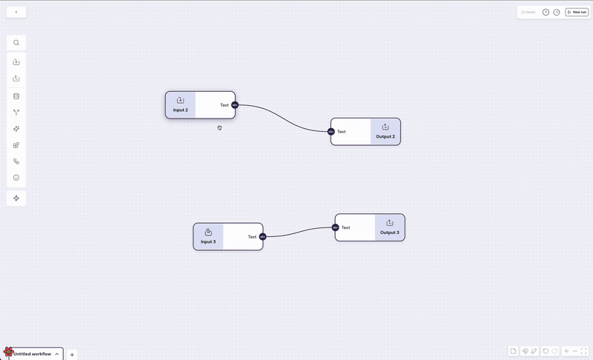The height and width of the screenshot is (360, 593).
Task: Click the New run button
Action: pyautogui.click(x=577, y=12)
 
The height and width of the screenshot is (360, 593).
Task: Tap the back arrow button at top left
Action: pyautogui.click(x=16, y=12)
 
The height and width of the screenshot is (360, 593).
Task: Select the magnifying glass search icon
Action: pyautogui.click(x=16, y=42)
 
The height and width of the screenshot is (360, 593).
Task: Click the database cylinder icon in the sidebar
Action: pyautogui.click(x=16, y=96)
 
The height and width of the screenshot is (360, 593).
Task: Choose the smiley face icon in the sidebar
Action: pyautogui.click(x=16, y=178)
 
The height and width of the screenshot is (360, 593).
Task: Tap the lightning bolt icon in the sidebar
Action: pyautogui.click(x=16, y=198)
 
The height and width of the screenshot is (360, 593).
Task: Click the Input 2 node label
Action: pyautogui.click(x=180, y=110)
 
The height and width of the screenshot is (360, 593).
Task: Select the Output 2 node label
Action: pyautogui.click(x=385, y=136)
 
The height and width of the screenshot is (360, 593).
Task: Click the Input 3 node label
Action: pyautogui.click(x=208, y=241)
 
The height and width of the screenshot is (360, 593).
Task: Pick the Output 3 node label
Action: pyautogui.click(x=390, y=233)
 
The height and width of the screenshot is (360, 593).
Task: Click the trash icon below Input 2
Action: pyautogui.click(x=219, y=128)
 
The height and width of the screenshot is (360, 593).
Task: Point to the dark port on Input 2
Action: pyautogui.click(x=234, y=105)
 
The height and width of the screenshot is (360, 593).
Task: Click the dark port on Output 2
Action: pyautogui.click(x=331, y=132)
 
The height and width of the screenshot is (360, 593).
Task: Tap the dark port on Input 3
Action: pyautogui.click(x=262, y=237)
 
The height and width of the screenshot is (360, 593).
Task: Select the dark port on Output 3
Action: pyautogui.click(x=336, y=227)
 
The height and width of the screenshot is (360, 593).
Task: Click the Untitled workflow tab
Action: pyautogui.click(x=33, y=354)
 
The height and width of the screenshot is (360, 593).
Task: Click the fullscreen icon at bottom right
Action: pyautogui.click(x=584, y=350)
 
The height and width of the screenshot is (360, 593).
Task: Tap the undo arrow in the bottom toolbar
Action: pyautogui.click(x=546, y=350)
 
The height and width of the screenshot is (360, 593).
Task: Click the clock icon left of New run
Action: pyautogui.click(x=557, y=12)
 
